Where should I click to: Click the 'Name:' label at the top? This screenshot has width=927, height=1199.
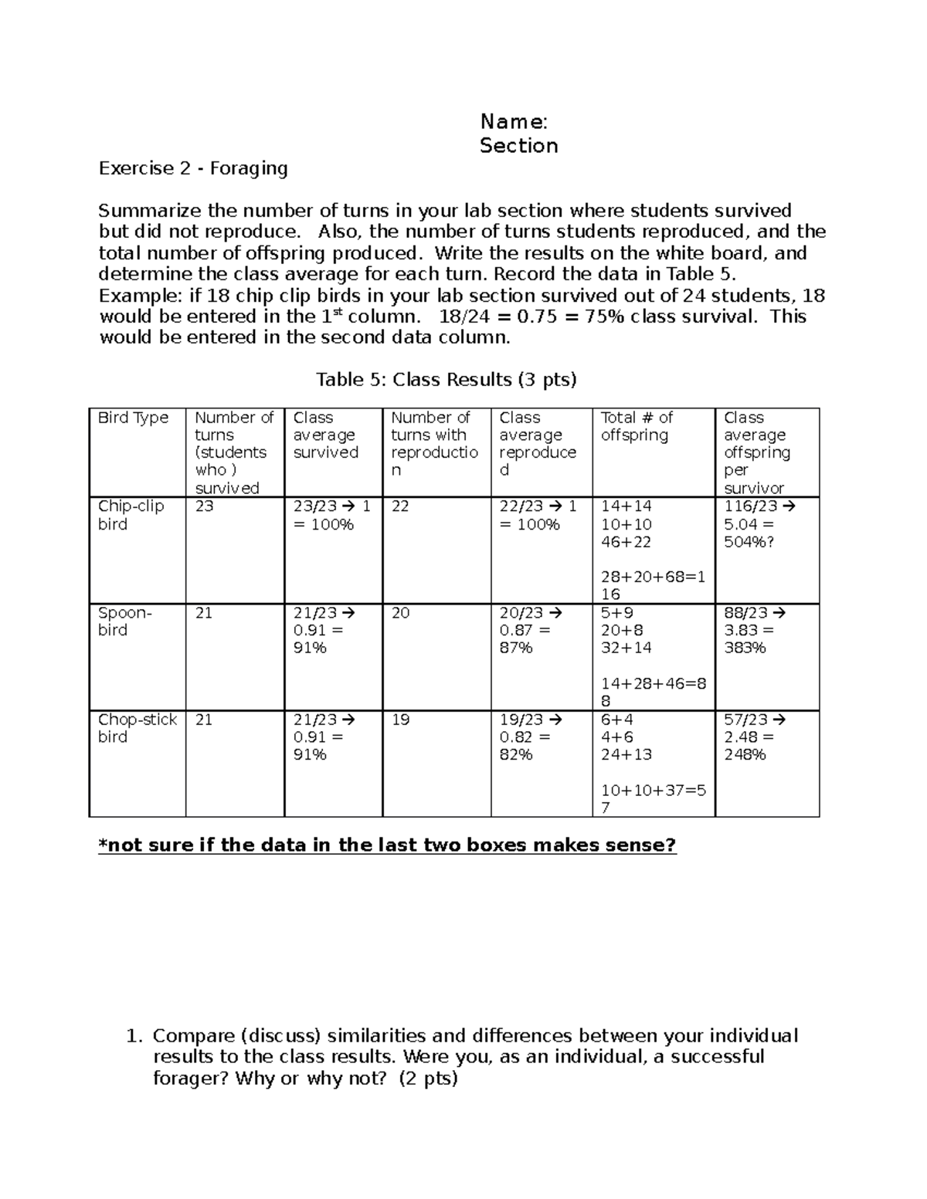tap(514, 121)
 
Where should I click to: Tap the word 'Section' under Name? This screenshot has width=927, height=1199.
tap(518, 146)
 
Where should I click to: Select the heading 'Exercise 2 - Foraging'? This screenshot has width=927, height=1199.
tap(193, 168)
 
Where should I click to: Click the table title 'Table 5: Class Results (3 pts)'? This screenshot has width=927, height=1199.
tap(447, 379)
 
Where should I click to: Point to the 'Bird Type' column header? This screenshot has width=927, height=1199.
tap(133, 418)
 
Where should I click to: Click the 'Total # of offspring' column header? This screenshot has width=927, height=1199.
tap(637, 426)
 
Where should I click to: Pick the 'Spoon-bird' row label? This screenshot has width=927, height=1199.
tap(124, 622)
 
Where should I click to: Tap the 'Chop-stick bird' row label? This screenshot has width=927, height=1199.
tap(137, 728)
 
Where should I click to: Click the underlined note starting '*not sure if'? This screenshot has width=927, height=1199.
tap(387, 845)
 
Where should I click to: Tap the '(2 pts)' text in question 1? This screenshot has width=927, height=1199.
tap(428, 1079)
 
